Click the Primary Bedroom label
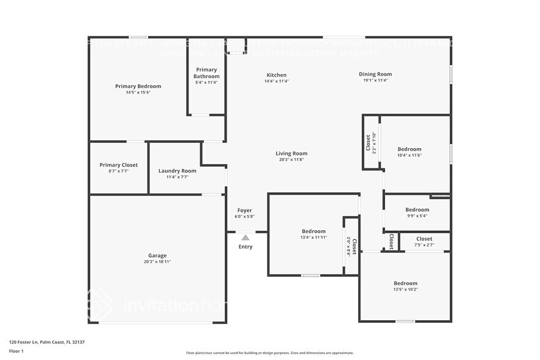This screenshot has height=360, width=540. click(138, 86)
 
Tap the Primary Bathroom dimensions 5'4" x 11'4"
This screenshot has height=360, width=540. click(206, 83)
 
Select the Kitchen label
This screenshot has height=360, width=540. click(276, 75)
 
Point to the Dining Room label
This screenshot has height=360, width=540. click(375, 75)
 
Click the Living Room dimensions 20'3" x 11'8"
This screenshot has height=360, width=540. click(291, 160)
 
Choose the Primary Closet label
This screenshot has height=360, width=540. click(119, 165)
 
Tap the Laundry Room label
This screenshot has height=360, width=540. click(177, 171)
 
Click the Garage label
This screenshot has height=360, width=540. click(157, 255)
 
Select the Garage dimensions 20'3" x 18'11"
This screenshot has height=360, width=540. click(157, 262)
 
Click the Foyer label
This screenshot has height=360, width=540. click(244, 211)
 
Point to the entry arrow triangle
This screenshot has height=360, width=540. click(245, 237)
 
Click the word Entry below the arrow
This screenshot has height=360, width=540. click(245, 247)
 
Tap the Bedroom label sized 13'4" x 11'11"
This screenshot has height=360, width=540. click(313, 231)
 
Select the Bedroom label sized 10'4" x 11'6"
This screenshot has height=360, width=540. click(410, 149)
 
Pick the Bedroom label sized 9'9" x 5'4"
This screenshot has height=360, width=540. click(417, 209)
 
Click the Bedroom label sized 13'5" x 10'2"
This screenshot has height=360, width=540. click(405, 283)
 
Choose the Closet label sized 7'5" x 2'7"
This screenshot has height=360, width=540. click(424, 239)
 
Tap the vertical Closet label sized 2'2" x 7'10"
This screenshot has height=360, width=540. click(368, 144)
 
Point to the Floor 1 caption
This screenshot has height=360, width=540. click(16, 351)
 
